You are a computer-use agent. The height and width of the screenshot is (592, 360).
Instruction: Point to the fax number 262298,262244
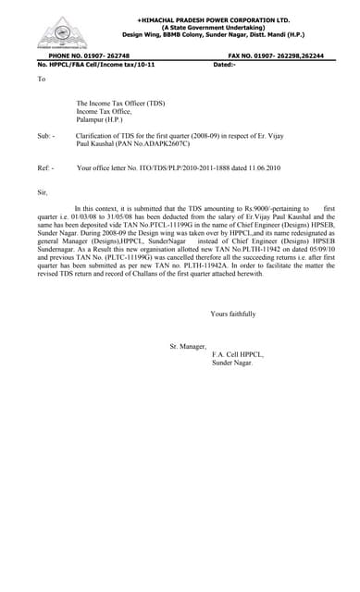(295, 56)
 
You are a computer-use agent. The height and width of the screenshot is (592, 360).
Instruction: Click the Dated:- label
(225, 65)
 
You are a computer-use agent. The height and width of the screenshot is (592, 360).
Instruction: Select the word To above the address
(41, 80)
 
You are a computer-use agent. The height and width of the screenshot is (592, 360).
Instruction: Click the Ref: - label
(45, 168)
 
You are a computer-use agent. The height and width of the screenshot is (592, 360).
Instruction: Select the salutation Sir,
(42, 192)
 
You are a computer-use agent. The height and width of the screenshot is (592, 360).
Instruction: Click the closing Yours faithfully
(232, 314)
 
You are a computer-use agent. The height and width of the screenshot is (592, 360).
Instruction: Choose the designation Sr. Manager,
(189, 346)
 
